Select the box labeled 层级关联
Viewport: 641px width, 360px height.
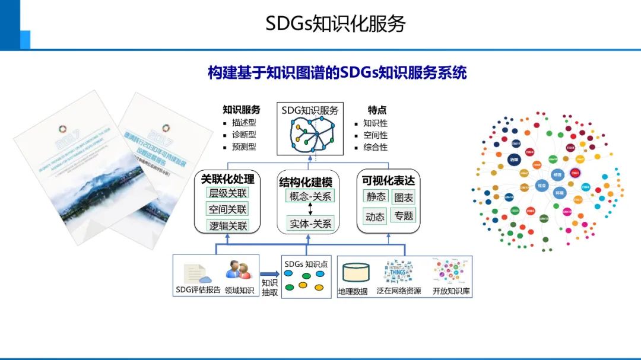coord(227,193)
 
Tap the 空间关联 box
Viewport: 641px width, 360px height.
coord(227,209)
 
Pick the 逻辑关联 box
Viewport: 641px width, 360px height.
coord(227,225)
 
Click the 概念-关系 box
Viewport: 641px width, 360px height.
coord(310,196)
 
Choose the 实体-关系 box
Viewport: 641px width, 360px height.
coord(310,224)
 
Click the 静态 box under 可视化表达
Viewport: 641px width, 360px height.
coord(375,196)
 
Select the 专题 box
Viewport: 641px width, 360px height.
coord(404,216)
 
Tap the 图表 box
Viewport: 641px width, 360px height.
coord(404,196)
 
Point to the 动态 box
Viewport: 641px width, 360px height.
coord(375,216)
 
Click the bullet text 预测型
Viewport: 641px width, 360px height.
coord(243,146)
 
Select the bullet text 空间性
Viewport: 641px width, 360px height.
coord(375,135)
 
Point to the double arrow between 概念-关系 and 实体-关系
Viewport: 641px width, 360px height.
coord(310,210)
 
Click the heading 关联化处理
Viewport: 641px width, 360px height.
coord(227,179)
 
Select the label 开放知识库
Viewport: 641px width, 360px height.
coord(452,291)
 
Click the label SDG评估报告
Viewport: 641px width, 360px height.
coord(198,290)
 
